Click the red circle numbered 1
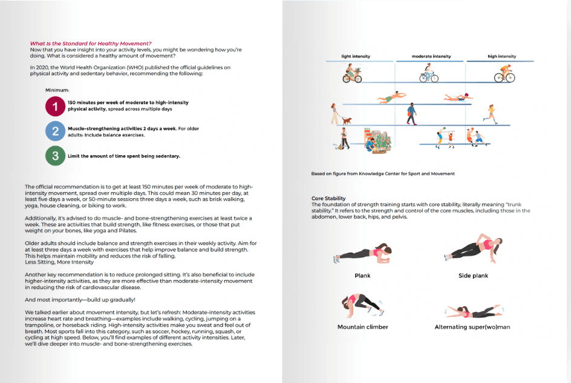point(55,106)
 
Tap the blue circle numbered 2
point(55,131)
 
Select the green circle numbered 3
point(55,156)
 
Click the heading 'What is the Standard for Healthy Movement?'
point(91,43)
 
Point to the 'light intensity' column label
point(356,56)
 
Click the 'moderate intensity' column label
point(431,56)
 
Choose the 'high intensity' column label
point(501,56)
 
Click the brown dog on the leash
point(347,121)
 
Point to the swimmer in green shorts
point(389,97)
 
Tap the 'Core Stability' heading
point(328,198)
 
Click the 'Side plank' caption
point(473,276)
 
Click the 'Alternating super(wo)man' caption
point(472,327)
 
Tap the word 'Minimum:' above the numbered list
point(57,90)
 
